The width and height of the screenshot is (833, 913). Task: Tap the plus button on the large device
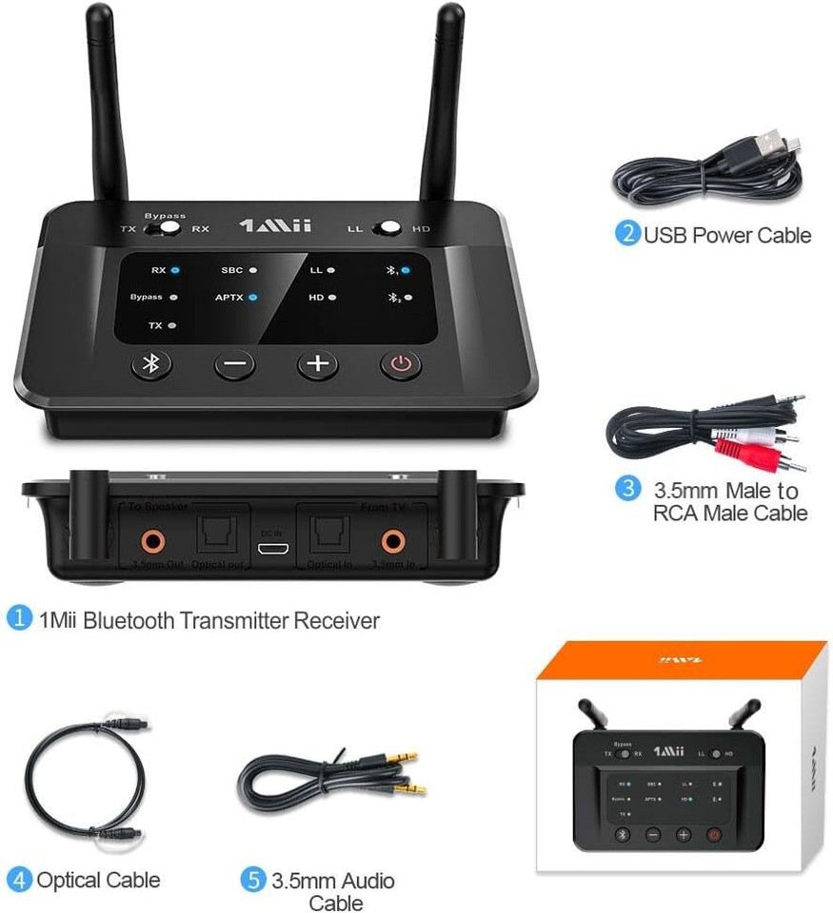[x=318, y=364]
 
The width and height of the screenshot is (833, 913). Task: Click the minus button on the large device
[x=234, y=364]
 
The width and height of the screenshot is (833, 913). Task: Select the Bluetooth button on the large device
[x=150, y=363]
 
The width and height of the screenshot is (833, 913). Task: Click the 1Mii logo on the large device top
[x=274, y=226]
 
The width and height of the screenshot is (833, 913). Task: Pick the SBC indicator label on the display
[x=232, y=271]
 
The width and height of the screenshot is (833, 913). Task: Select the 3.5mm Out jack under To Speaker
[x=150, y=542]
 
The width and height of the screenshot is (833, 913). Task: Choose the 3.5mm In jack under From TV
[x=392, y=542]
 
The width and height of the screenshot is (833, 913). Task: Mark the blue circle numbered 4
[x=19, y=880]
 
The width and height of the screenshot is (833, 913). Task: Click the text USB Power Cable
[x=728, y=235]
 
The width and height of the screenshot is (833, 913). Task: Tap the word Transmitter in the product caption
[x=235, y=621]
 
